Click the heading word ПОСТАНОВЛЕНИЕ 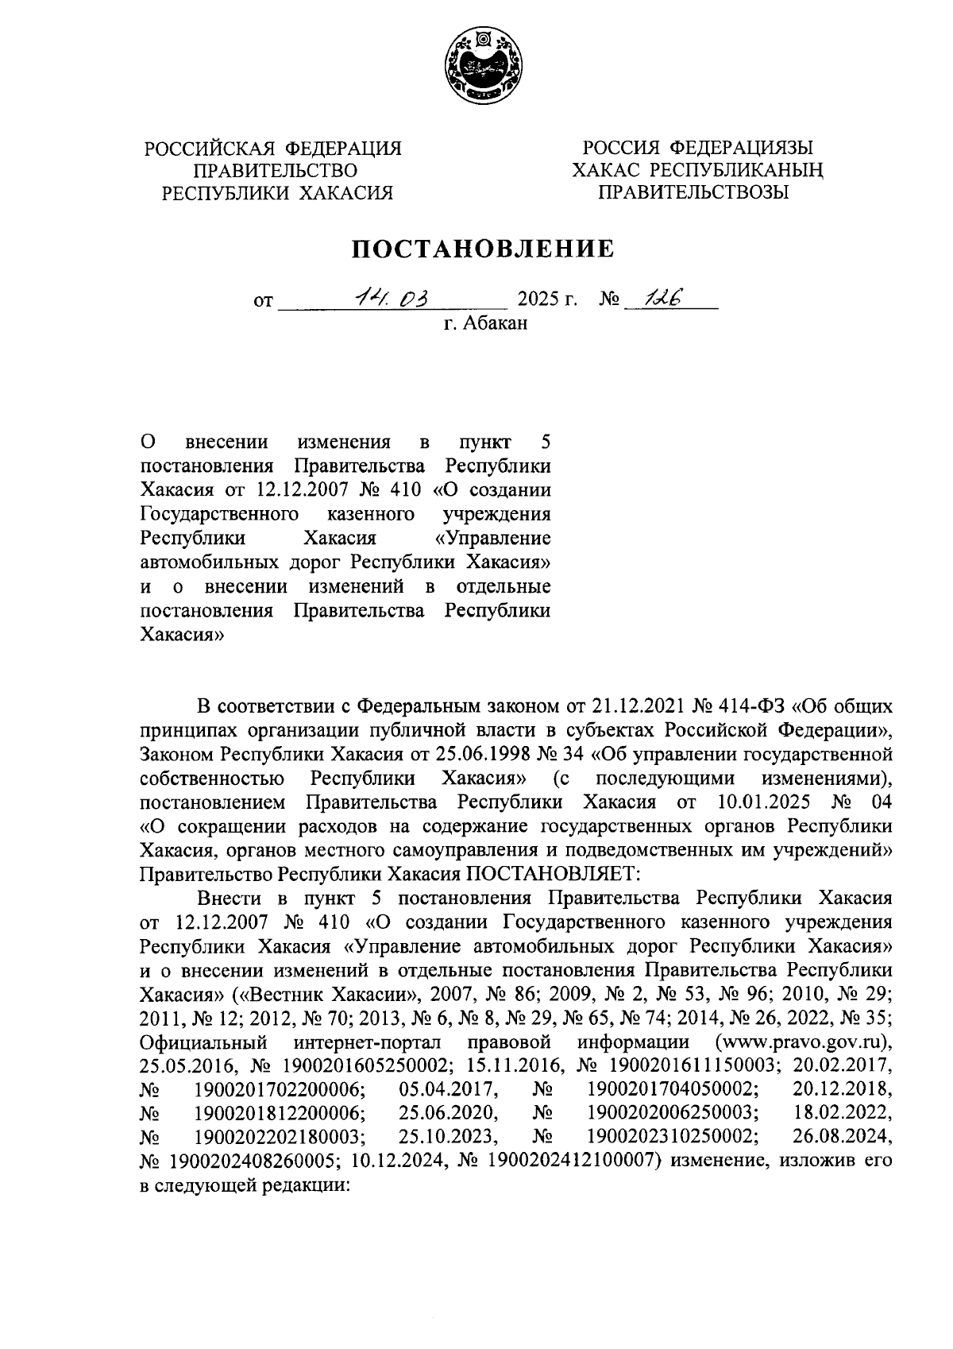(x=484, y=249)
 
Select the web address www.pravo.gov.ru (x=802, y=1041)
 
